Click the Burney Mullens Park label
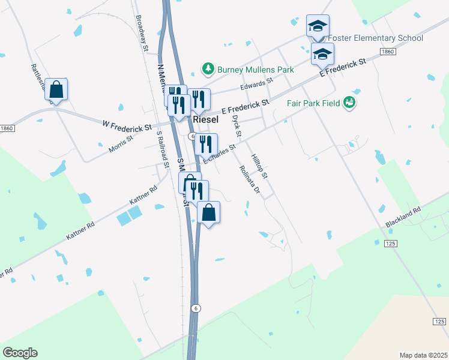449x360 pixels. [255, 70]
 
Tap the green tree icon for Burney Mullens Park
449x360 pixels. [208, 69]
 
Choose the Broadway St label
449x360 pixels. [143, 32]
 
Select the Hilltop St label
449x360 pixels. [259, 165]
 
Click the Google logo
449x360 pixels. [20, 353]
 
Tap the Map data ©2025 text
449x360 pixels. [423, 355]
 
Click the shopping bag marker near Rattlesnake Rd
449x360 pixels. [56, 90]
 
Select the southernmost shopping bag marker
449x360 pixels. [208, 213]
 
